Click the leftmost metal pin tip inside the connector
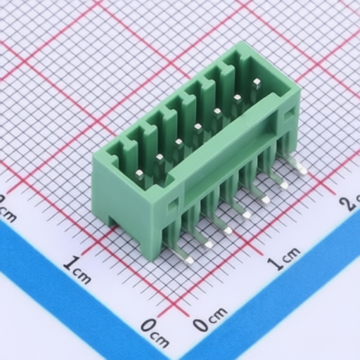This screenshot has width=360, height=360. (x=140, y=174)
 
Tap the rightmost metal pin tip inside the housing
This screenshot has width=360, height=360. (x=257, y=82)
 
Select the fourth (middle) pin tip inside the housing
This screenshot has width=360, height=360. (x=198, y=127)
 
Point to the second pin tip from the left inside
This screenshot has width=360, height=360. (x=160, y=157)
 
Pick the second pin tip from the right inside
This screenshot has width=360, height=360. (x=238, y=97)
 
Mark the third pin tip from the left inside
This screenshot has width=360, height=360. (x=179, y=142)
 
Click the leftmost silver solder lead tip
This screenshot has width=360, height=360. (x=189, y=259)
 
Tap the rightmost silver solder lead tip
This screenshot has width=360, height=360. (x=303, y=171)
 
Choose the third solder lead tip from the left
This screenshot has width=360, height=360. (x=227, y=231)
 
